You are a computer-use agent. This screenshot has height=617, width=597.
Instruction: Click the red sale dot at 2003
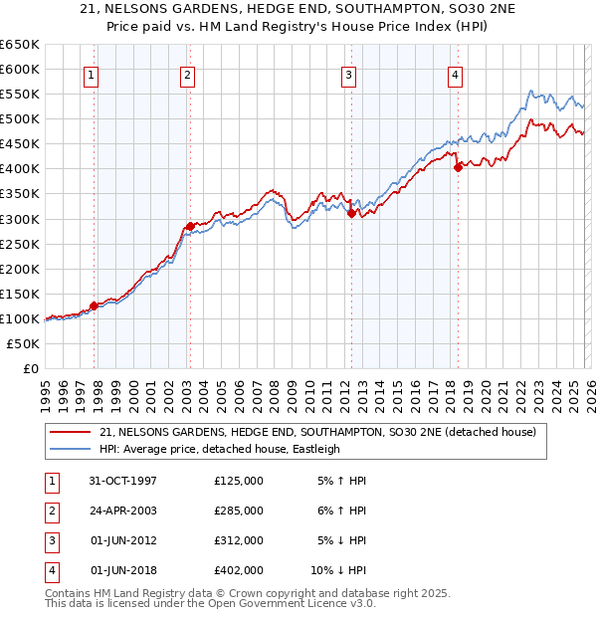pyautogui.click(x=190, y=226)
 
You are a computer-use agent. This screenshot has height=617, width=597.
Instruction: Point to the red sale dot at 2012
pyautogui.click(x=351, y=212)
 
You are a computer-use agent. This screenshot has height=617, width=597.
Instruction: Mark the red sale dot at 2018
pyautogui.click(x=458, y=167)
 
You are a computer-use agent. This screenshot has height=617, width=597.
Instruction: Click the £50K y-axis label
pyautogui.click(x=24, y=343)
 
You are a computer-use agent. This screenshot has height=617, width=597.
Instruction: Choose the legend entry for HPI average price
pyautogui.click(x=220, y=449)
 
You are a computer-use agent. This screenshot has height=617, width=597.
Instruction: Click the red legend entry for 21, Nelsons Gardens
pyautogui.click(x=317, y=432)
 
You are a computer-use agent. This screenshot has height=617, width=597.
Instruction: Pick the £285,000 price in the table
pyautogui.click(x=239, y=511)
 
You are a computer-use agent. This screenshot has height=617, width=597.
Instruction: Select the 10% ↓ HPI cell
pyautogui.click(x=339, y=571)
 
